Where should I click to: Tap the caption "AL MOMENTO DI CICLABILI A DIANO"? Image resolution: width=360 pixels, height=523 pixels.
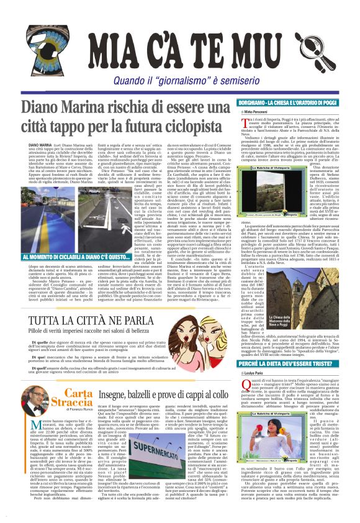(x=68, y=256)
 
